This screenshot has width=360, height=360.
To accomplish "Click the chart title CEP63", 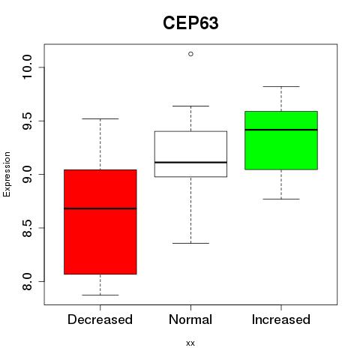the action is coord(190,23).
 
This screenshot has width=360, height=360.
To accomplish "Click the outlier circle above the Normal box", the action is coord(190,54).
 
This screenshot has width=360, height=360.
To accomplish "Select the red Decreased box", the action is coord(100,222).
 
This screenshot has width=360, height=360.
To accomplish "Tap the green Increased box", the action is coord(281,140).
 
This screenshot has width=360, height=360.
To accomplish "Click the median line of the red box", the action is coord(100,208).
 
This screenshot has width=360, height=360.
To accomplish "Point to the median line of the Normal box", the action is coord(190,163).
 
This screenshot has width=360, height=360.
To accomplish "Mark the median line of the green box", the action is coord(281,130).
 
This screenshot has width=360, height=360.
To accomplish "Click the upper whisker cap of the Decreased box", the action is coord(100,118).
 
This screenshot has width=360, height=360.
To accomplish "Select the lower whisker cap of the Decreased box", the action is coord(100,295).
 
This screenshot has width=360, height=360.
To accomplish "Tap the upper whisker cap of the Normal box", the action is coord(190,106).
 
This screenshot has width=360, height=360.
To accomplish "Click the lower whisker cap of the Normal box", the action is coord(190,243).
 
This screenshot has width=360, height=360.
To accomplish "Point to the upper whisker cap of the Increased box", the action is coord(281,86).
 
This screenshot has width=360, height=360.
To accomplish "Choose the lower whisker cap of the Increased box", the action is coord(281,199).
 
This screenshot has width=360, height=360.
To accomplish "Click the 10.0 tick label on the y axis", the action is coord(27,67).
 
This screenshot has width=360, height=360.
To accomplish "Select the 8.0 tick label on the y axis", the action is coord(27,281).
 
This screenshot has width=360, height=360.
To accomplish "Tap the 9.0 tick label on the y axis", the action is coord(27,174).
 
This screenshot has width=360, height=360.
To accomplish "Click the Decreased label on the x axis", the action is coord(100,319).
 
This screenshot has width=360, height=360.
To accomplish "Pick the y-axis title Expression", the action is coord(7,174).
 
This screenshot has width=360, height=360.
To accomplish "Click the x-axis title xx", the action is coord(190,343).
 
